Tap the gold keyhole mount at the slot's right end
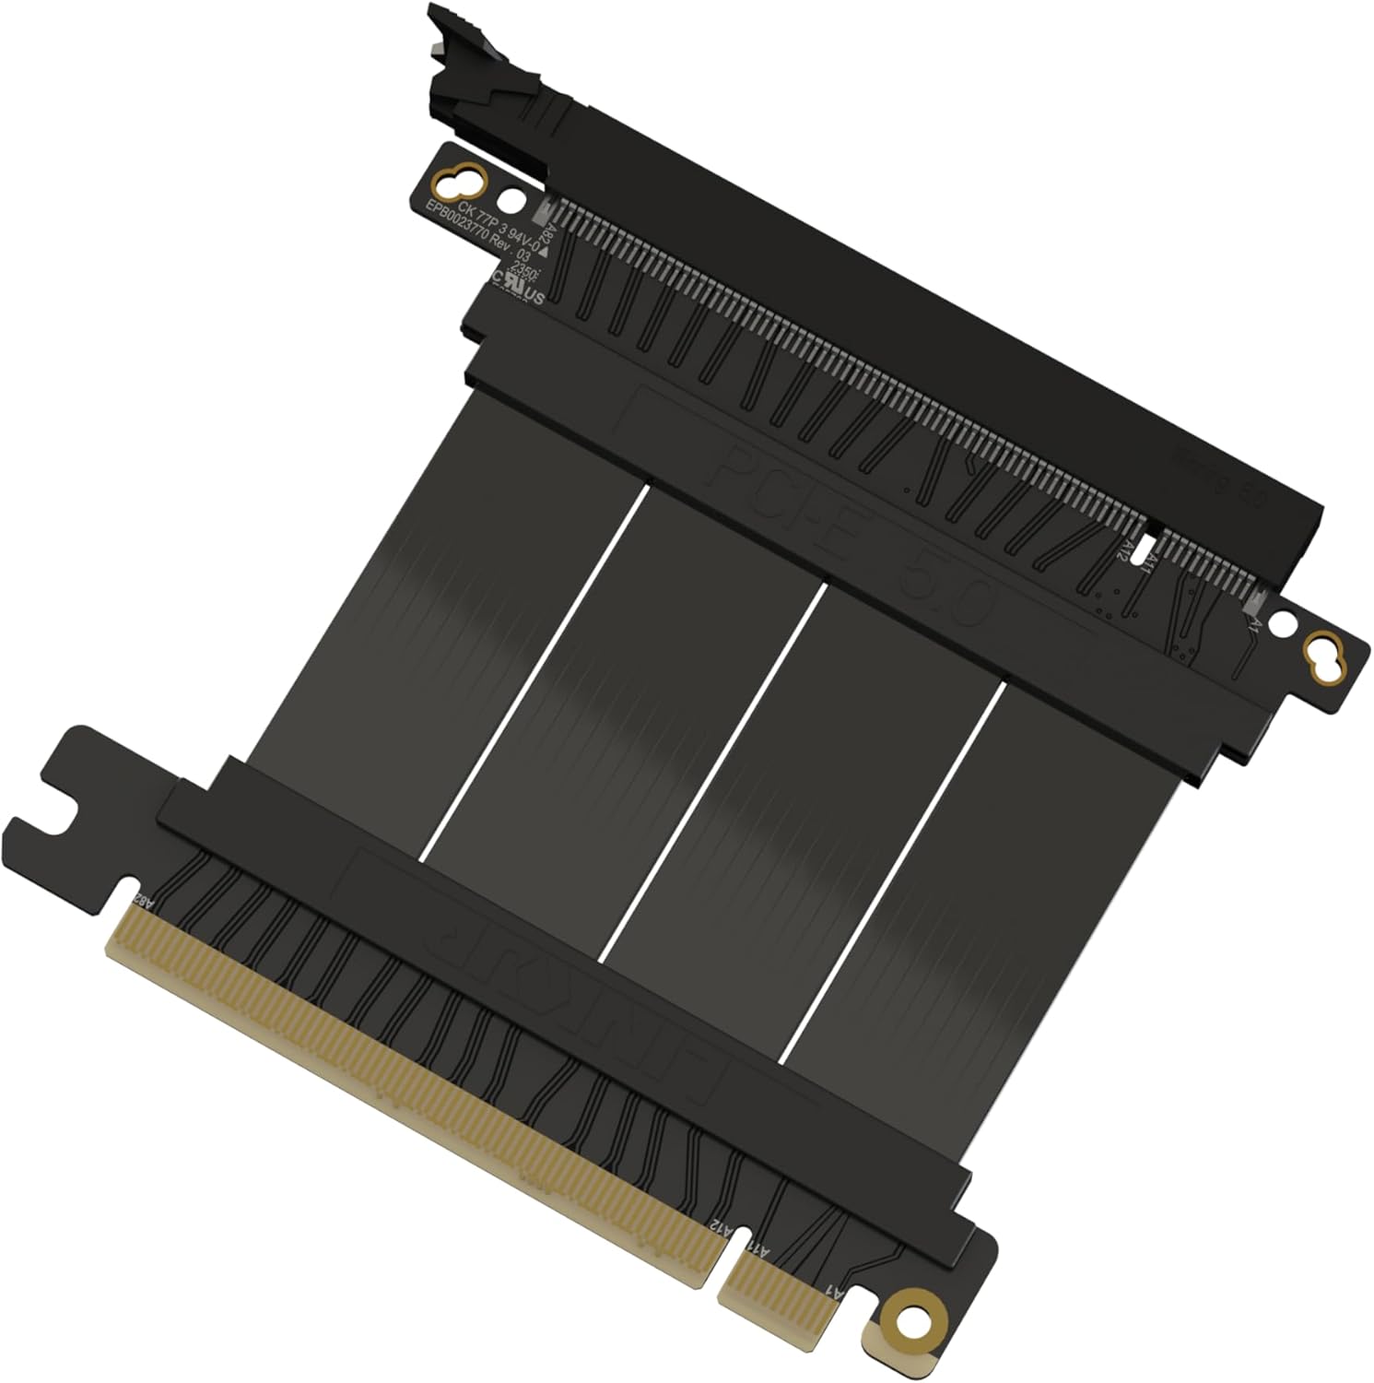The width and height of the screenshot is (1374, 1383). coord(1325,657)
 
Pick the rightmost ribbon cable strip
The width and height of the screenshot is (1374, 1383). coord(986,885)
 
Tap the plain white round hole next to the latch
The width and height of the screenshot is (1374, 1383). coord(509,199)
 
